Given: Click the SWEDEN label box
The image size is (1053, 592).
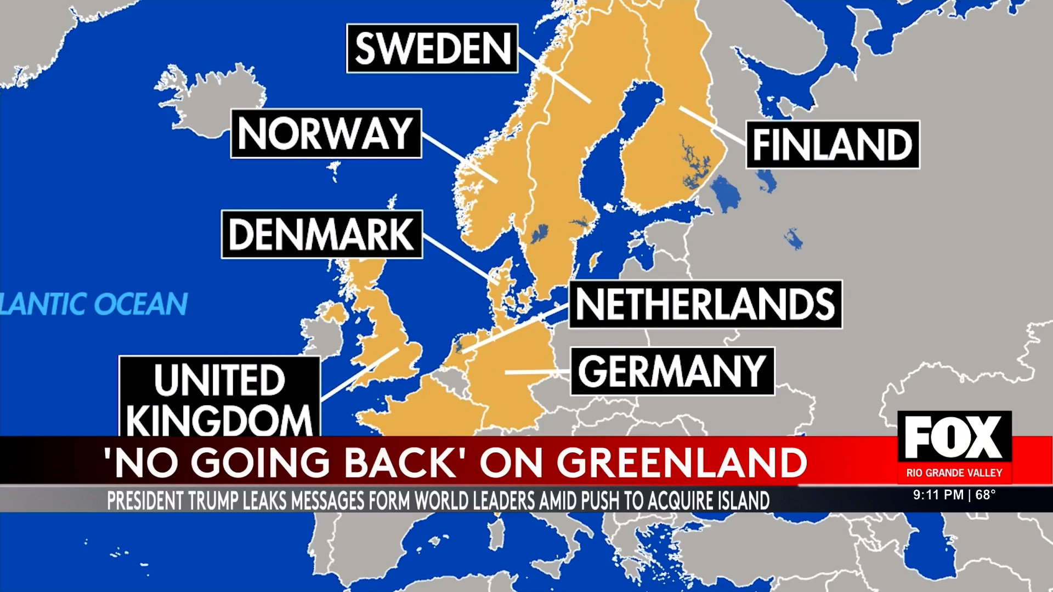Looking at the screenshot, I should (x=432, y=48).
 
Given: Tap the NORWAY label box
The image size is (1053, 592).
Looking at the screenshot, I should (x=326, y=133).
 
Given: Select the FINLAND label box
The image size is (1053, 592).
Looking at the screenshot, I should (x=832, y=145).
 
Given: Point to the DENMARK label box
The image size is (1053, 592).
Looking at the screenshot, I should (x=322, y=234).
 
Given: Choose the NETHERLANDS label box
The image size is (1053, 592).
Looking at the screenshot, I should (x=705, y=304).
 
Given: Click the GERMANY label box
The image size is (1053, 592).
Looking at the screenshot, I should (x=672, y=371).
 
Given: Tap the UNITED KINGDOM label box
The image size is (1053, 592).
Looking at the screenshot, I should (x=219, y=398).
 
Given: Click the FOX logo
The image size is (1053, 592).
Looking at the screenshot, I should (x=954, y=437).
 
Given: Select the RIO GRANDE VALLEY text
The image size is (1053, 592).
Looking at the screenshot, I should (x=954, y=473).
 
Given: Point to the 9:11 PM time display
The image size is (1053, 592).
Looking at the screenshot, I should (x=938, y=495).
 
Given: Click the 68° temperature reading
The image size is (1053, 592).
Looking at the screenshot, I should (x=986, y=495).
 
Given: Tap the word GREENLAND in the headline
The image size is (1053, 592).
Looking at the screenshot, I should (x=682, y=462).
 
